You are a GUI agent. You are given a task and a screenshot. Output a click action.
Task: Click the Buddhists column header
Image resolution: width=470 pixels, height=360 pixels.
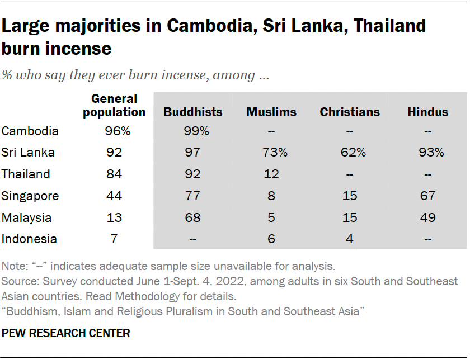[192, 112]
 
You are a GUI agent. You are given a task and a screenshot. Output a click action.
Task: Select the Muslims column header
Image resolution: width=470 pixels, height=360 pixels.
[271, 112]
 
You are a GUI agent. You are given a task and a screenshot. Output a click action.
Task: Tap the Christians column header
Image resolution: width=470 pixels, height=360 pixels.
[350, 112]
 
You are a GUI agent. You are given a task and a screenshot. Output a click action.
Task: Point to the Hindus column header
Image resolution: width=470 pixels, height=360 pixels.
[428, 112]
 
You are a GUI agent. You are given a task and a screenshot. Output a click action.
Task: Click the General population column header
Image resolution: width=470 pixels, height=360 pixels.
[114, 105]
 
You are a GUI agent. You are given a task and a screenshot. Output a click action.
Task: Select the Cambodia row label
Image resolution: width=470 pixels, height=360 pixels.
[30, 131]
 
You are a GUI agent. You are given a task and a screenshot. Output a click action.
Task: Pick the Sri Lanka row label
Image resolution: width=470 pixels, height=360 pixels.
[28, 153]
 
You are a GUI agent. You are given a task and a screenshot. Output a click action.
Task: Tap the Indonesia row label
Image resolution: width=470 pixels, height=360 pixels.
[29, 239]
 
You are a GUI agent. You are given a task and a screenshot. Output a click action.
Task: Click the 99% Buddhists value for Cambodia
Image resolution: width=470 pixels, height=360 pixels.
[193, 131]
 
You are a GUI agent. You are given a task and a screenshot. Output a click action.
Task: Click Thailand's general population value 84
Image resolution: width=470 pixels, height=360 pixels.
[114, 174]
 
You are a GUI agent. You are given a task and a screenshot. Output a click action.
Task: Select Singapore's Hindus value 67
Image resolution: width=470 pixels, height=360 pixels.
[428, 196]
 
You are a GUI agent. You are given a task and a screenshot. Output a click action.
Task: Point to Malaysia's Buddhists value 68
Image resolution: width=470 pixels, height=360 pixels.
[193, 217]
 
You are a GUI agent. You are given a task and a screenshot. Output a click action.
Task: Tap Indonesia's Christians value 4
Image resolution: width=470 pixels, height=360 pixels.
[350, 239]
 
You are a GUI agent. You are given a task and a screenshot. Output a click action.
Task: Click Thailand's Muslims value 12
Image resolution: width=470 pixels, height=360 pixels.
[271, 174]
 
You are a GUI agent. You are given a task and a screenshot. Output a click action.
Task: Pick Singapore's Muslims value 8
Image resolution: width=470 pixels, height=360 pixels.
[271, 196]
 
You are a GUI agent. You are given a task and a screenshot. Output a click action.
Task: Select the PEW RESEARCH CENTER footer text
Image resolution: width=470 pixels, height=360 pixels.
[66, 334]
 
